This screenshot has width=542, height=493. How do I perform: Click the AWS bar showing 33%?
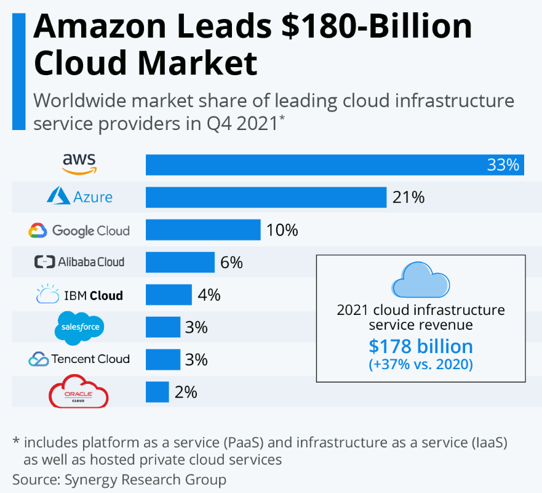335,165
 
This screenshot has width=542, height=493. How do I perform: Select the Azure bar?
266,197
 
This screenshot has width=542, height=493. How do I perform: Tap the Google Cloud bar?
203,230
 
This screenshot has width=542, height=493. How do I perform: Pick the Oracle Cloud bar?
157,392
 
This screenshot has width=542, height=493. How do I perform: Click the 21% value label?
408,198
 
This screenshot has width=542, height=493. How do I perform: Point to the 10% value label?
282,230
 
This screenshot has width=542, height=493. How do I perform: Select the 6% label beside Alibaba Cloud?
231,263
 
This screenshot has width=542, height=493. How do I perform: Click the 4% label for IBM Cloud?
209,295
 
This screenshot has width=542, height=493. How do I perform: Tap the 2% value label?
185,392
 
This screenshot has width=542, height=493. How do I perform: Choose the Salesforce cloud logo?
80,327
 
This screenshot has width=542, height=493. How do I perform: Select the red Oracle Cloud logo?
78,394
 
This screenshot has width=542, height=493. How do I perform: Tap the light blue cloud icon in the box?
421,280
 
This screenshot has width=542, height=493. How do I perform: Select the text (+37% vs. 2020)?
421,365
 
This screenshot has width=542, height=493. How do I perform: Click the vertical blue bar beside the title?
19,71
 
